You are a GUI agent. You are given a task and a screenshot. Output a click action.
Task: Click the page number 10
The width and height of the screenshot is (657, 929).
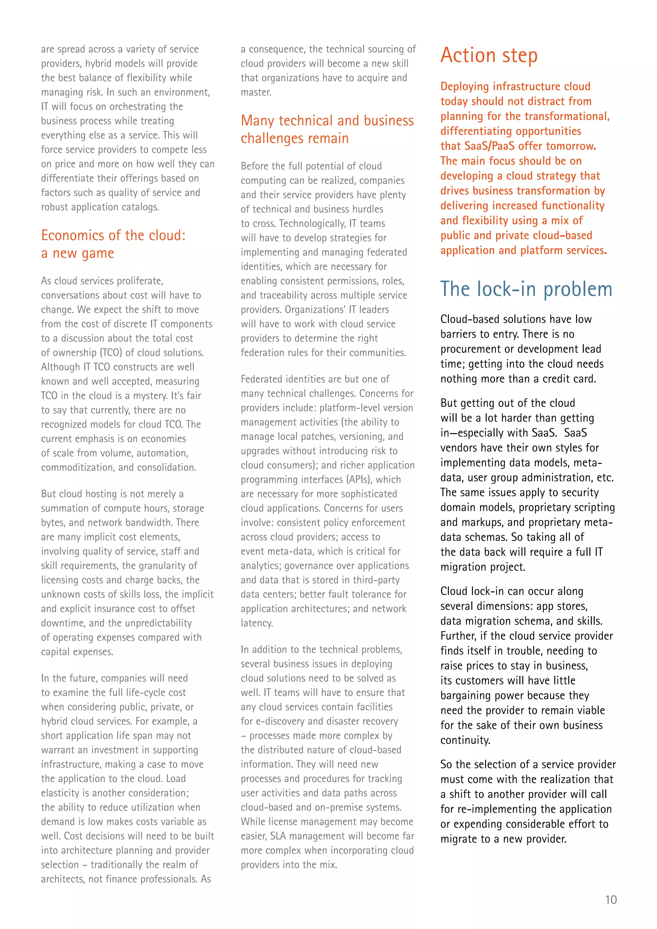[x=610, y=900]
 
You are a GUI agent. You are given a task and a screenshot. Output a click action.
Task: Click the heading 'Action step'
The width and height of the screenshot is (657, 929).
[x=489, y=55]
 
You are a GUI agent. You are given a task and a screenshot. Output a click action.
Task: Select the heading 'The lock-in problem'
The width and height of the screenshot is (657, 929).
[x=526, y=289]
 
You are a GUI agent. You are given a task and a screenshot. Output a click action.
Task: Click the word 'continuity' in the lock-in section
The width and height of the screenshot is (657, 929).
[x=465, y=740]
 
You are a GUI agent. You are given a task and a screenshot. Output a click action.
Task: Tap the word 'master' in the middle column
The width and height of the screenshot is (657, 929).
[x=255, y=92]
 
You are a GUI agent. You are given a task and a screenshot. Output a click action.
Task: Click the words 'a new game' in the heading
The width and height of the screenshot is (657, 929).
[x=78, y=253]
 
